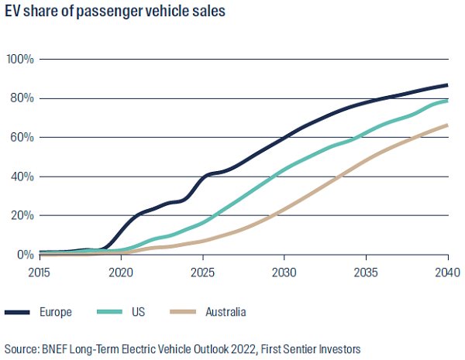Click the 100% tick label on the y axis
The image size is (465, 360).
19,59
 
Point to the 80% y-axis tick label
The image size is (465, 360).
22,98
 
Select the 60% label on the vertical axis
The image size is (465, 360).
22,137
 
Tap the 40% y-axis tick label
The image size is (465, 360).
22,177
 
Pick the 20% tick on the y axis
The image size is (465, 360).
22,215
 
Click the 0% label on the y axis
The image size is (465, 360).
25,255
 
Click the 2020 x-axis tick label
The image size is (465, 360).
121,272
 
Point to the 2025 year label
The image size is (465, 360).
203,272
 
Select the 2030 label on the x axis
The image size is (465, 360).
284,272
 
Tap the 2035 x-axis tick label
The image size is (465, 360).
366,272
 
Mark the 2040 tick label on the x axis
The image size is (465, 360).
447,272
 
